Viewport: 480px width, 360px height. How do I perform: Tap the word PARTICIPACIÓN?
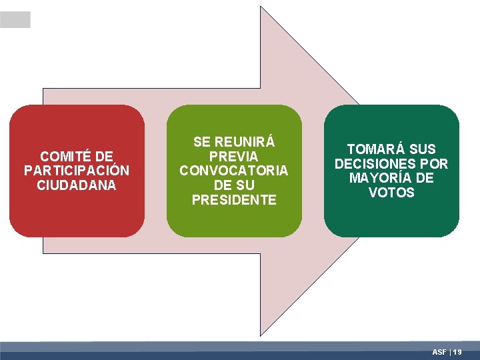[77, 171]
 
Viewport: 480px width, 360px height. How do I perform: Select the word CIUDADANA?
[77, 185]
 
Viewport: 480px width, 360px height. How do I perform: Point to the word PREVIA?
[234, 156]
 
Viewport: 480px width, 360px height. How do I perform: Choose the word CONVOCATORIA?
[234, 171]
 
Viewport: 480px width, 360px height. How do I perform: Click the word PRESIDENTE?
[234, 200]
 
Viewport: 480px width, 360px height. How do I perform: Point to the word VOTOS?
[391, 193]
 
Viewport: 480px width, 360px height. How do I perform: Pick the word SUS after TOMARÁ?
[422, 149]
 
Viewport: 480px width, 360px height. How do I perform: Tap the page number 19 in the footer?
[457, 351]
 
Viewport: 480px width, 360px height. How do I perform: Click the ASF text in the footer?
[439, 351]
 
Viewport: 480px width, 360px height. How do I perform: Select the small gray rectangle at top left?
[15, 19]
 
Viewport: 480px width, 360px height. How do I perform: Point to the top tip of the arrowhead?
[261, 7]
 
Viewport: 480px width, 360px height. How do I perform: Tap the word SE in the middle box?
[201, 142]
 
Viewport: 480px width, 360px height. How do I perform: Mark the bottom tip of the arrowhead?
[261, 337]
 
